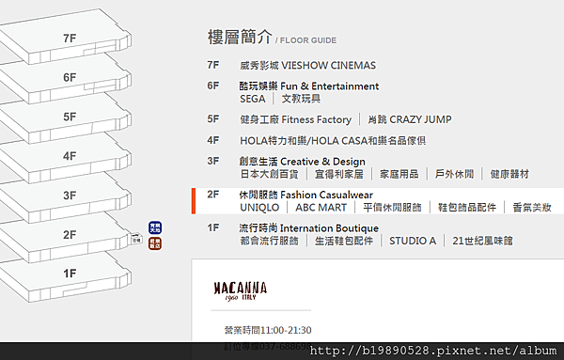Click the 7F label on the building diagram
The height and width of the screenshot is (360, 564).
69,39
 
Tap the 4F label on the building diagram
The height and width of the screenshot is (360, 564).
69,156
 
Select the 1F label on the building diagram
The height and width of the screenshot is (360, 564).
69,274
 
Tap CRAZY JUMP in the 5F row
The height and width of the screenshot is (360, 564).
419,119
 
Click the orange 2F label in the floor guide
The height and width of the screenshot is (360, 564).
213,195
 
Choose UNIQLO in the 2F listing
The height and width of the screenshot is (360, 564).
260,207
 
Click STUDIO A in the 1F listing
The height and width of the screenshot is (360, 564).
413,241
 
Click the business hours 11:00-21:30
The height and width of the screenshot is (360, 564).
288,330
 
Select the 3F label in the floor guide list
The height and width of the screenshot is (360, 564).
213,162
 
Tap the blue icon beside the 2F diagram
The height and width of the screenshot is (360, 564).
155,227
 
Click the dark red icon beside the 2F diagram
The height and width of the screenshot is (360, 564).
155,243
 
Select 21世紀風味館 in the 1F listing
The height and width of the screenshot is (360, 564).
482,241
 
